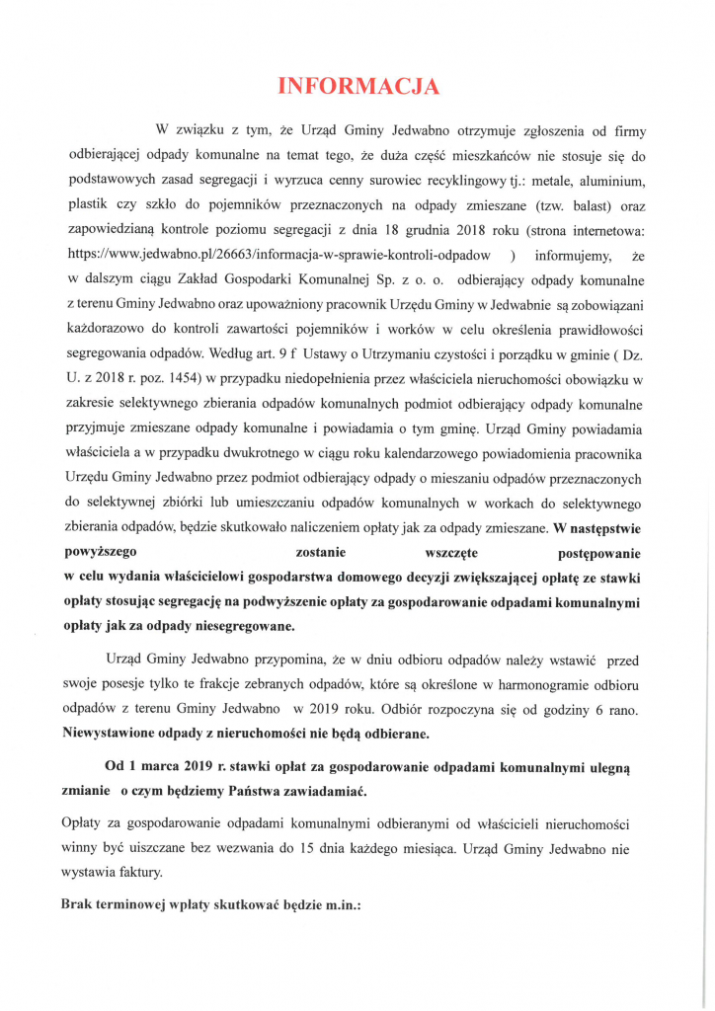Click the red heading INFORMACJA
(357, 86)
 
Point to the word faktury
(137, 873)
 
